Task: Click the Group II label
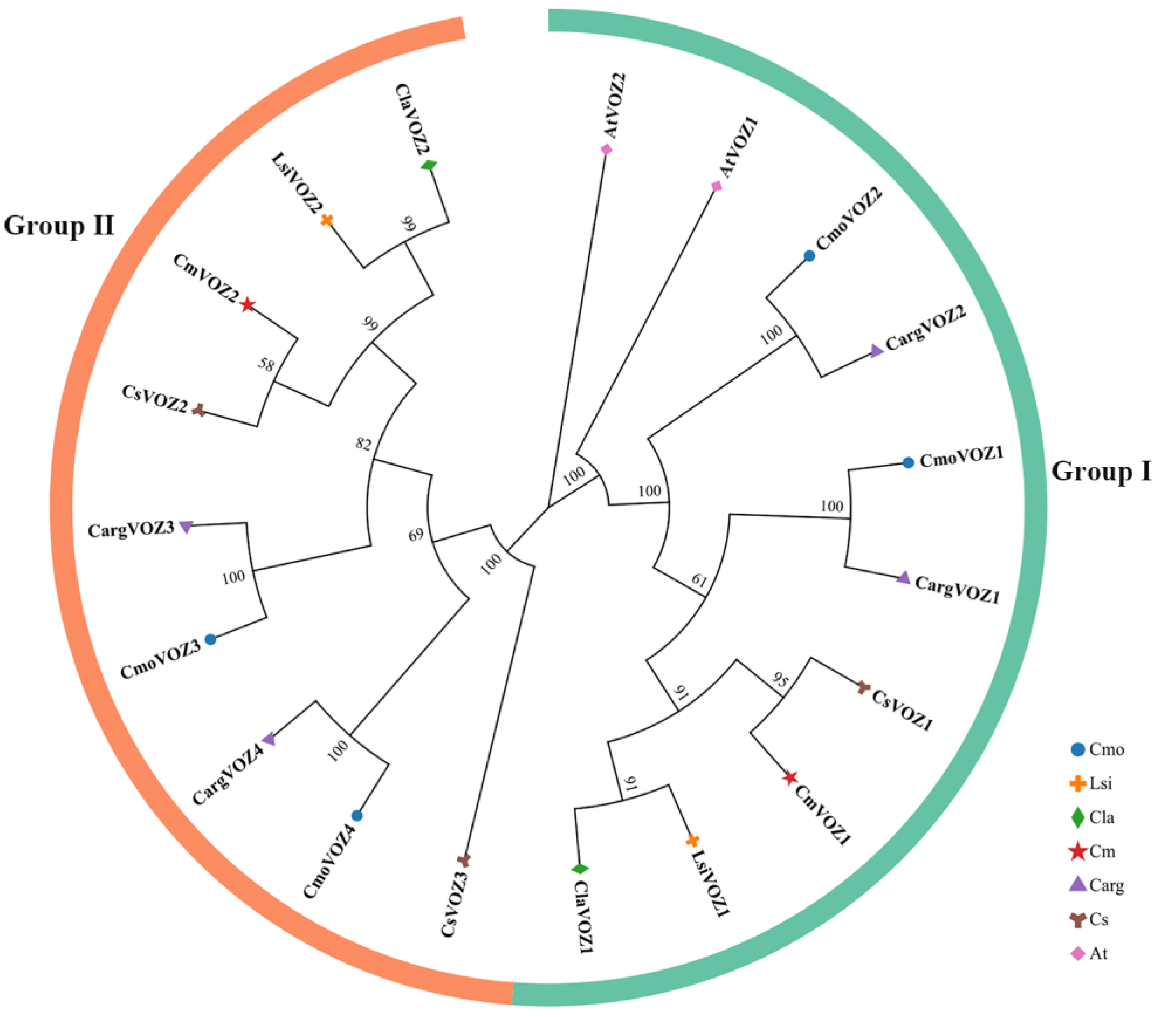coord(59,225)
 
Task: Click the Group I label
coord(1101,471)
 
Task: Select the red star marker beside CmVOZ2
coord(248,305)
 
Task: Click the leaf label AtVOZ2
coord(614,105)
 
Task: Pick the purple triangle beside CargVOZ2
coord(876,351)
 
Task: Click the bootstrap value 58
coord(266,364)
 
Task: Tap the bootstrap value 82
coord(363,443)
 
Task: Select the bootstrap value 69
coord(416,534)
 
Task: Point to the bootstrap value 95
coord(781,680)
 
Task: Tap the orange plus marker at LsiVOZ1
coord(692,840)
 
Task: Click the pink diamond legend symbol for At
coord(1078,953)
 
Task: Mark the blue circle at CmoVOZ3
coord(210,639)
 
